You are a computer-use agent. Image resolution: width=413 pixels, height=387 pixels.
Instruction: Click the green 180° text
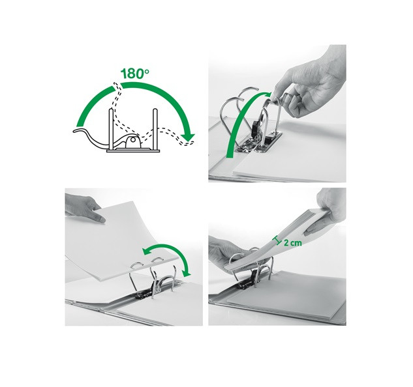click(135, 74)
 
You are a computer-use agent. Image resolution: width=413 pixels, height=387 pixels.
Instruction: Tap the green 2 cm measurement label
click(293, 242)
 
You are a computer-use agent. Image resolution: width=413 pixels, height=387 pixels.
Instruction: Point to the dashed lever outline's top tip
click(115, 83)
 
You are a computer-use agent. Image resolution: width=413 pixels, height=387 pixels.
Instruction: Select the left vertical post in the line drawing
click(112, 130)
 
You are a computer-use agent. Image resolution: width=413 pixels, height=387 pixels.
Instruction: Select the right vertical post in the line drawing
click(155, 130)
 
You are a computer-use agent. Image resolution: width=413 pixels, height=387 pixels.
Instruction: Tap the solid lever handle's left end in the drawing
click(74, 130)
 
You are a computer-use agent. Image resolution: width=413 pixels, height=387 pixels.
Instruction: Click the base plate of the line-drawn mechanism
click(133, 151)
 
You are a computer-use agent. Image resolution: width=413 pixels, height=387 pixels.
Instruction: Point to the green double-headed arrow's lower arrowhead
click(187, 274)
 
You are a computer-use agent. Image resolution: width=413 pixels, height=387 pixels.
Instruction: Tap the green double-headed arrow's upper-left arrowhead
click(146, 251)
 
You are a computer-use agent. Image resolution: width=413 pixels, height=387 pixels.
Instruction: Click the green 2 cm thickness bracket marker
click(277, 240)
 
